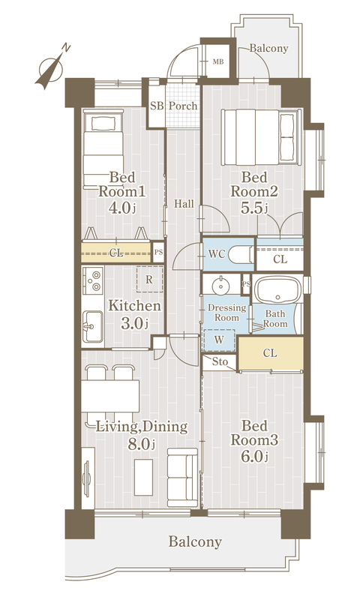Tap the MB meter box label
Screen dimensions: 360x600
click(218, 61)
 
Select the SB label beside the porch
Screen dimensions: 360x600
click(157, 106)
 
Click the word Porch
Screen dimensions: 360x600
click(183, 106)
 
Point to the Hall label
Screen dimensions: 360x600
click(184, 204)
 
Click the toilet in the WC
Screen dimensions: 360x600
click(241, 255)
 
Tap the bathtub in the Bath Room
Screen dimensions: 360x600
click(278, 290)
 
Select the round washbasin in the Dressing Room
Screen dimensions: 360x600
click(220, 286)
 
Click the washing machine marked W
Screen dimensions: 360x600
click(219, 340)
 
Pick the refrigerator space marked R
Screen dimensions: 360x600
click(149, 279)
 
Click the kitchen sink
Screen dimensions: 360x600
click(92, 326)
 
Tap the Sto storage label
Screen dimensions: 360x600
click(220, 361)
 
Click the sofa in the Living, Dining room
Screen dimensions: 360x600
click(182, 477)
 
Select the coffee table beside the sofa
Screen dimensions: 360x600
click(143, 477)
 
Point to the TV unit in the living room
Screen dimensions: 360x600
click(88, 478)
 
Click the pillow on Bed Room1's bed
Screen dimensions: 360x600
click(103, 123)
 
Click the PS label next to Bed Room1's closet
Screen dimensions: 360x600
click(158, 253)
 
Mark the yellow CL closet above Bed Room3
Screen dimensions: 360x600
click(271, 353)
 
